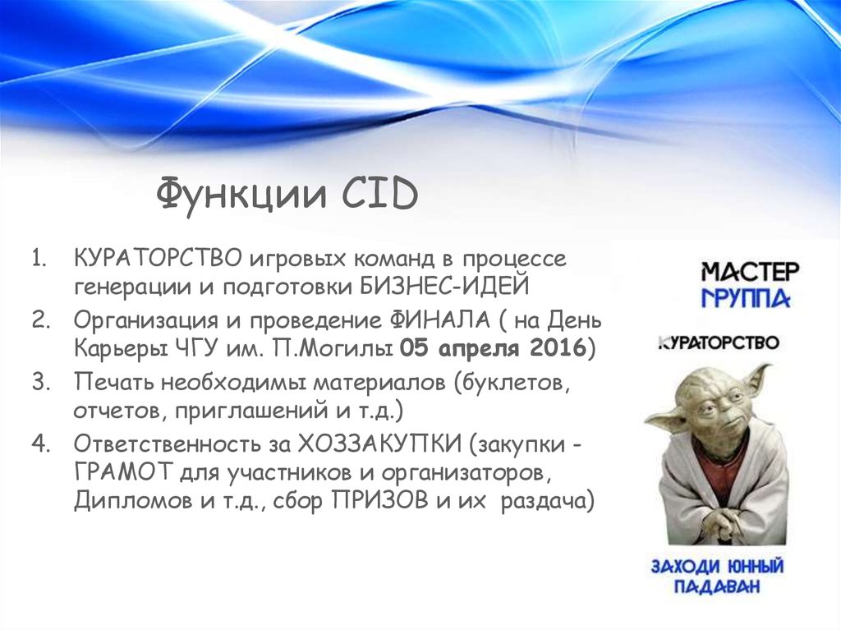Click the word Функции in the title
pos(241,195)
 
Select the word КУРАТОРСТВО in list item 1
pos(159,259)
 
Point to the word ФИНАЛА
pos(437,320)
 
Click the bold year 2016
pos(557,348)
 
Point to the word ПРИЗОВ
pos(380,501)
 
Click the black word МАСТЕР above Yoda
pos(750,272)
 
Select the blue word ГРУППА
pos(746,298)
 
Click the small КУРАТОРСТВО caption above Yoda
pos(718,343)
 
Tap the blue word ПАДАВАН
pos(717,586)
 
